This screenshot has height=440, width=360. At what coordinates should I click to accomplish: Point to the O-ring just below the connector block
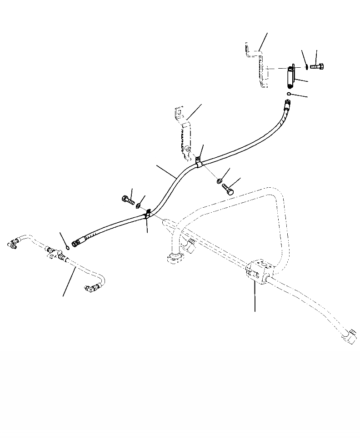[289, 94]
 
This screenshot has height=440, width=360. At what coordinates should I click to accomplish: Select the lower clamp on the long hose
[147, 215]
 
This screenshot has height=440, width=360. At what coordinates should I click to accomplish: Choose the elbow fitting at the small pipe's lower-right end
[90, 287]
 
